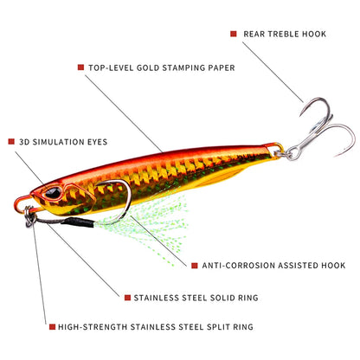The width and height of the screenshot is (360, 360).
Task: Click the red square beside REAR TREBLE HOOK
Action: (233, 34)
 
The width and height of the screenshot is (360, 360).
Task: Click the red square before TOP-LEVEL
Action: (80, 67)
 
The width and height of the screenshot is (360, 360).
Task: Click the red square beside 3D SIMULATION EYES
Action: (11, 141)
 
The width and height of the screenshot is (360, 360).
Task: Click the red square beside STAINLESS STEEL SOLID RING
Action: (127, 298)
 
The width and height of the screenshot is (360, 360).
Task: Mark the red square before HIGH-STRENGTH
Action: (52, 327)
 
